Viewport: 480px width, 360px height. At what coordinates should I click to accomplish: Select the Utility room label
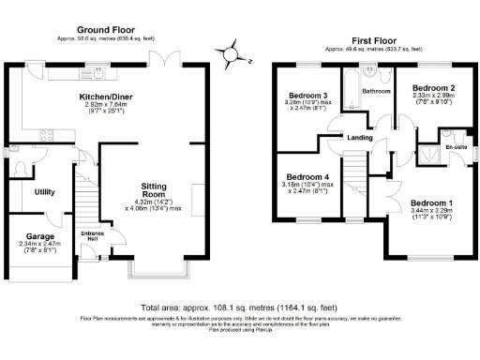pyautogui.click(x=43, y=191)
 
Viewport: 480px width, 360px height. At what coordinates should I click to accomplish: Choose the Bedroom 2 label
pyautogui.click(x=433, y=87)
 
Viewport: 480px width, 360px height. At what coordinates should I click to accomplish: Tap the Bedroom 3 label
pyautogui.click(x=307, y=96)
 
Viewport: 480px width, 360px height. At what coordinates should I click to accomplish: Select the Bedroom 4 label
pyautogui.click(x=307, y=177)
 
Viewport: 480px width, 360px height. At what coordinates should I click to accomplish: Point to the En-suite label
pyautogui.click(x=456, y=147)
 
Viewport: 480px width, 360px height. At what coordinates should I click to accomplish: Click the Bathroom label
pyautogui.click(x=378, y=91)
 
